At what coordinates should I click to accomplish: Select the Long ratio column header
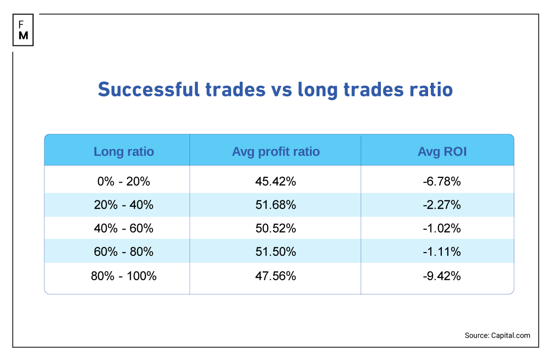click(124, 151)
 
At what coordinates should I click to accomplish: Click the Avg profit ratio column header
click(275, 151)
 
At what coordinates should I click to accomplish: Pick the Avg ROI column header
click(442, 151)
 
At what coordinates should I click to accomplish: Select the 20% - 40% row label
click(124, 205)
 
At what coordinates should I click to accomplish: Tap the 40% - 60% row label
click(124, 228)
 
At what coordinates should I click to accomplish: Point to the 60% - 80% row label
click(124, 252)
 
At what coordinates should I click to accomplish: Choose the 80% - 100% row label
click(124, 276)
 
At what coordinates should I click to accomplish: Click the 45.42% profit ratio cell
click(275, 182)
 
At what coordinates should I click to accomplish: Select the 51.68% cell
click(275, 205)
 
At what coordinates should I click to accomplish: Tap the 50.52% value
click(275, 228)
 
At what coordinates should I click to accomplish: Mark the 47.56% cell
click(275, 276)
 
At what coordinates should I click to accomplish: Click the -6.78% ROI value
click(442, 182)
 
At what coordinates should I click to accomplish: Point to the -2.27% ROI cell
click(442, 205)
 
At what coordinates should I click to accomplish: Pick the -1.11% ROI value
click(442, 252)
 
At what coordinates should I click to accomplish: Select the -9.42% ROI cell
click(442, 276)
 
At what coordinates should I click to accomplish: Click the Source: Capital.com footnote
click(497, 335)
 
